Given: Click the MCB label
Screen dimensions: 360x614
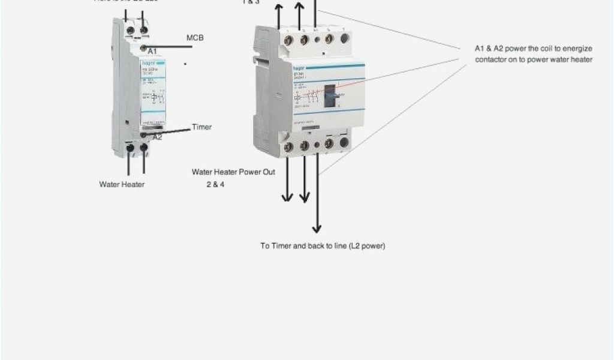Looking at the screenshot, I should click(195, 38).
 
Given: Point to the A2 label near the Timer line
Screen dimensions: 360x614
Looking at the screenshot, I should click(158, 137).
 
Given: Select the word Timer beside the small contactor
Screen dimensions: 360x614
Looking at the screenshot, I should click(201, 127).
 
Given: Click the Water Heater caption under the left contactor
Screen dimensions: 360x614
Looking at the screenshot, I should click(122, 184).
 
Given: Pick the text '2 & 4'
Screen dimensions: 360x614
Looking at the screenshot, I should click(215, 184).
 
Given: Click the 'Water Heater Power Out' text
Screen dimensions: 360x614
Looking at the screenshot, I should click(233, 172).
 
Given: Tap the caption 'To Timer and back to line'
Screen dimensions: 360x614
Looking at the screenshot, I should click(323, 246).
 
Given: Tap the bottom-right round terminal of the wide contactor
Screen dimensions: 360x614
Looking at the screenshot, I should click(344, 143).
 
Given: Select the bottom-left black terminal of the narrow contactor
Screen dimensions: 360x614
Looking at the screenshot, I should click(130, 146).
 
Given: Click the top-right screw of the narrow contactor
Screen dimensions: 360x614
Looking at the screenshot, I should click(143, 29).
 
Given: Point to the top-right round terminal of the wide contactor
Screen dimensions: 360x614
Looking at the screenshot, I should click(344, 39).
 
